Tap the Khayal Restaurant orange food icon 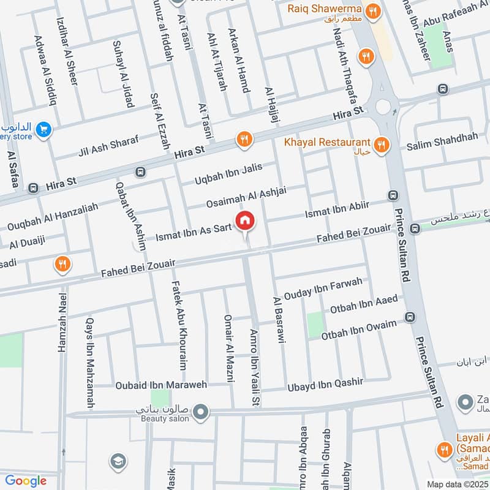(x=382, y=145)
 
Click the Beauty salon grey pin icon (x=200, y=413)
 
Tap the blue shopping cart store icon (x=43, y=130)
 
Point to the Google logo (x=26, y=481)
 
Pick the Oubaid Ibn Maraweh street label (x=162, y=385)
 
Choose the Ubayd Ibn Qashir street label (x=325, y=384)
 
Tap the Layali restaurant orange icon (x=444, y=450)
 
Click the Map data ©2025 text (x=457, y=484)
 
